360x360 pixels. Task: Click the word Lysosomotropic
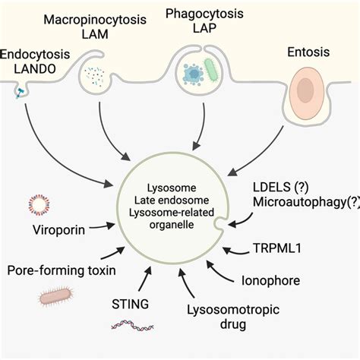pos(227,308)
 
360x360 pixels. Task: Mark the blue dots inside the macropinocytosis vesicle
pos(96,74)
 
